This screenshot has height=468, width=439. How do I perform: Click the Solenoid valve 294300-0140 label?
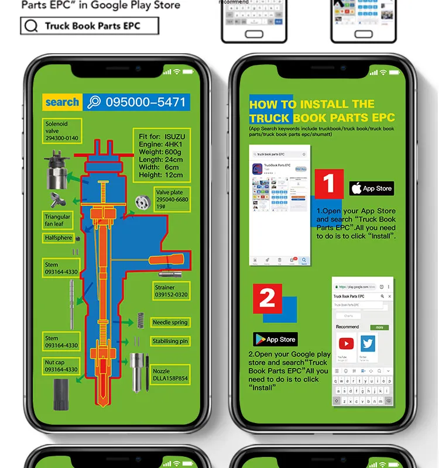coord(62,131)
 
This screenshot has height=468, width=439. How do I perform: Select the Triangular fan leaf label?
coord(58,221)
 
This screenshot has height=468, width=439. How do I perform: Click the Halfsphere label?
coord(59,238)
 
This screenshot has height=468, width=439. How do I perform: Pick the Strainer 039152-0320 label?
coord(172,291)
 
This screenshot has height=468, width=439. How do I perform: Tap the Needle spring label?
coord(170,322)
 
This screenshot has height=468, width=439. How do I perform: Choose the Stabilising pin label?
coord(170,341)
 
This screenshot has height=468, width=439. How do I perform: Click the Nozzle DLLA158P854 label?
coord(170,374)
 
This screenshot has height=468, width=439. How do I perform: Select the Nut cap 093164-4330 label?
coord(61,366)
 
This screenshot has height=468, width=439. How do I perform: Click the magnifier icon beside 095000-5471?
coord(94,102)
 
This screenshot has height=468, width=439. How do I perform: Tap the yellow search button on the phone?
coord(62,102)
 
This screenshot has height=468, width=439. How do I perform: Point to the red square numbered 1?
coord(329,184)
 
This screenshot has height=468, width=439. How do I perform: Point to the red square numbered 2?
coord(267,298)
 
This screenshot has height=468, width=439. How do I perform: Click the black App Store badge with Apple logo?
coord(372,188)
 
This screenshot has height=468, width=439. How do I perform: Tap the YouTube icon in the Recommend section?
coord(346,343)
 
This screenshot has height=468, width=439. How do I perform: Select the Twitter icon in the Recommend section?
coord(368,343)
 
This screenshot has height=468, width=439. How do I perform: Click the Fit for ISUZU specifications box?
coord(160,155)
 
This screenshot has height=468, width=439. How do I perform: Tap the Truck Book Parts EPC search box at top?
coord(90,26)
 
